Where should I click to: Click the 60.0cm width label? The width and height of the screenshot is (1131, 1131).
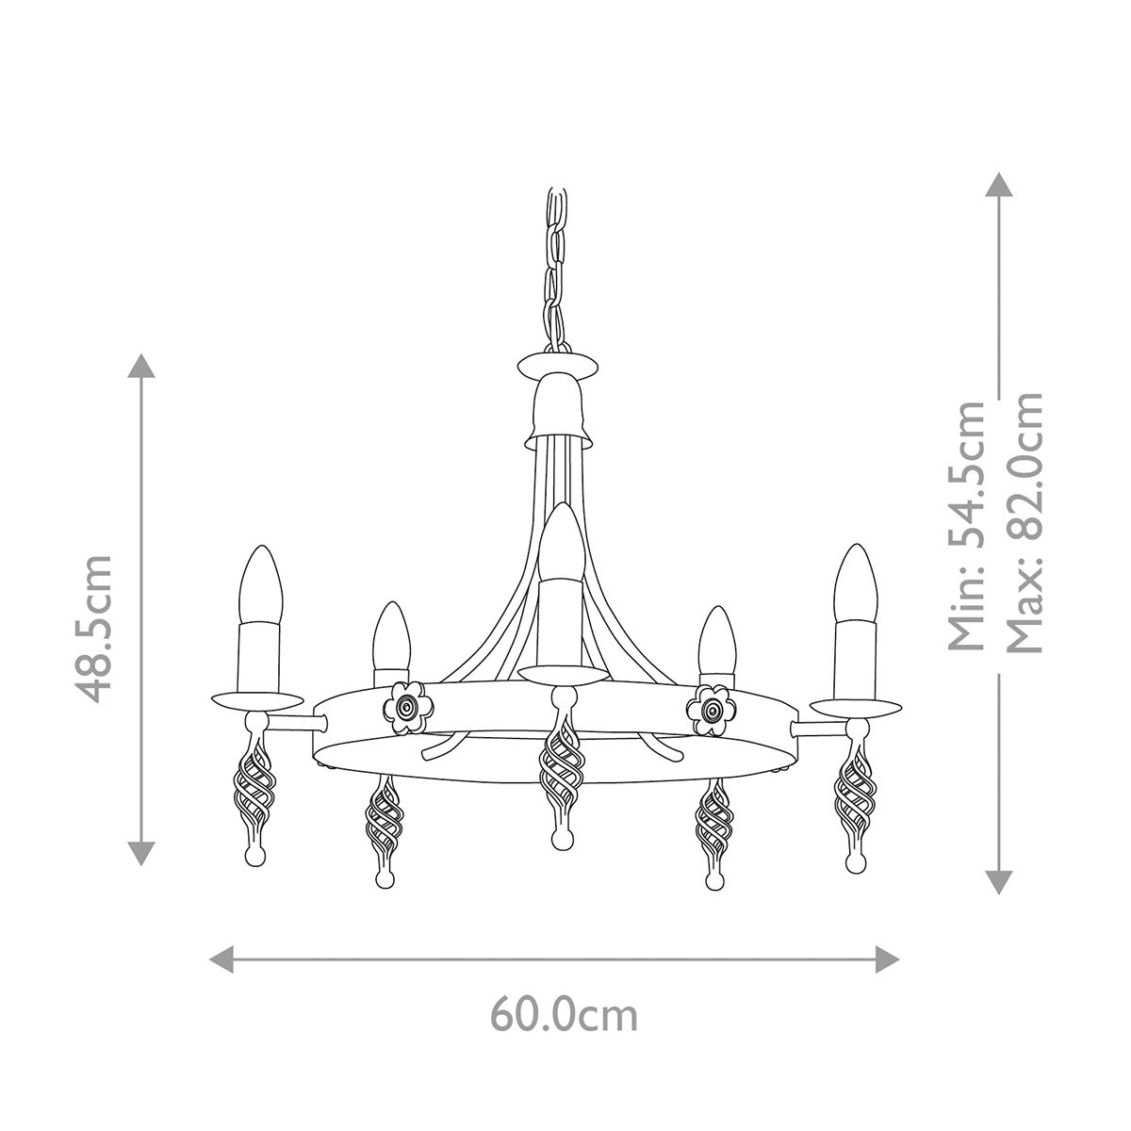pyautogui.click(x=564, y=1015)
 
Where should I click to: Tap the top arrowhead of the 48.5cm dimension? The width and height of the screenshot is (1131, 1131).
pyautogui.click(x=141, y=366)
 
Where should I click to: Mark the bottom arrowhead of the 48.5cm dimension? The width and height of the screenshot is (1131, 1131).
pyautogui.click(x=141, y=853)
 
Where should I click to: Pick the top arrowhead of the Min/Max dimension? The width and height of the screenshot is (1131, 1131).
pyautogui.click(x=998, y=184)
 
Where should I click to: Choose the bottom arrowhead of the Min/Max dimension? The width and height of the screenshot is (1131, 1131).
pyautogui.click(x=998, y=881)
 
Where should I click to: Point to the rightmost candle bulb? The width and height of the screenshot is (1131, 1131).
pyautogui.click(x=856, y=582)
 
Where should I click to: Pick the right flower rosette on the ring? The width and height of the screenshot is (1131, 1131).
pyautogui.click(x=712, y=704)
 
